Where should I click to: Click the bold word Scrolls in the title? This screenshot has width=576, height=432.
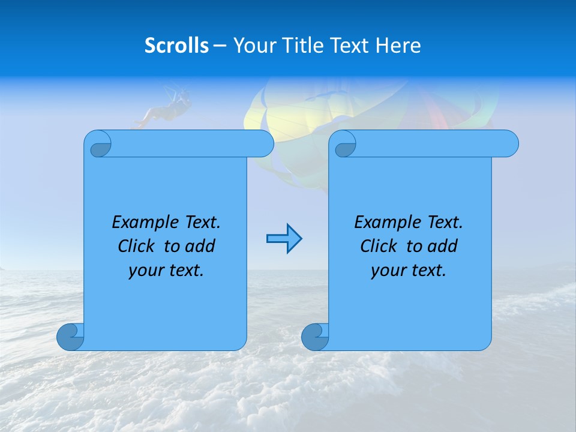tap(176, 46)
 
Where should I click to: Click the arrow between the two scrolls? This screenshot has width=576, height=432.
tap(284, 239)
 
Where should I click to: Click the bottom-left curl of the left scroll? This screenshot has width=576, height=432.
tap(70, 337)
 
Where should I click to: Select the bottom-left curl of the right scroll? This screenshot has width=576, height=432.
tap(315, 337)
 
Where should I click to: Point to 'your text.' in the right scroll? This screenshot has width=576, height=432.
tap(409, 270)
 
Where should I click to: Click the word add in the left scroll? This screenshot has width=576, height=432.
tap(199, 246)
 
